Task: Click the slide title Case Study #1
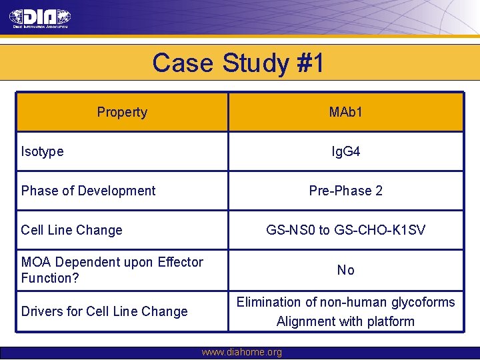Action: click(x=238, y=63)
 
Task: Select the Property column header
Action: click(x=122, y=112)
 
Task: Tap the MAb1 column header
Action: click(x=345, y=112)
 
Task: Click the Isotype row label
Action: click(x=43, y=151)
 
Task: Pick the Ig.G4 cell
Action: click(x=345, y=151)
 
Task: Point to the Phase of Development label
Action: click(x=88, y=191)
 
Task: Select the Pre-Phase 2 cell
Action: click(x=345, y=191)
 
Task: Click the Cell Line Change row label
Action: click(x=71, y=230)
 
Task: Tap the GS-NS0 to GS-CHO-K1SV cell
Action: click(x=345, y=230)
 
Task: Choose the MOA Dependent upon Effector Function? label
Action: click(x=112, y=269)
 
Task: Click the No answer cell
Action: click(x=345, y=270)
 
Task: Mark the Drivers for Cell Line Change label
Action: click(x=104, y=311)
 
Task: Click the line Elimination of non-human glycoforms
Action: click(x=345, y=302)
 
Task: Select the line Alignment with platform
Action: click(x=345, y=321)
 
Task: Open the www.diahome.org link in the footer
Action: click(x=241, y=352)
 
